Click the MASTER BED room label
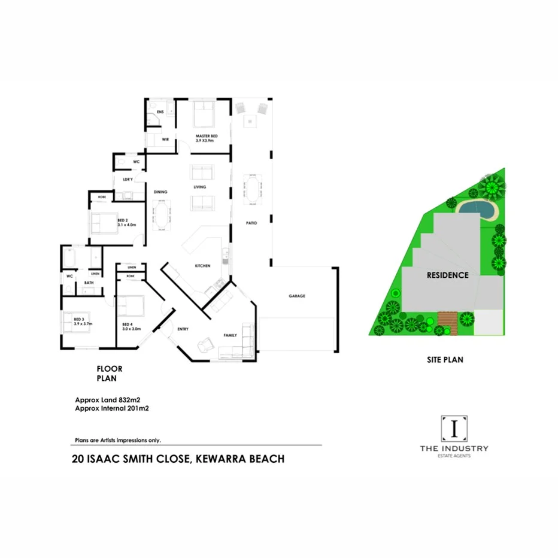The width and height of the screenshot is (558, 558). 206,137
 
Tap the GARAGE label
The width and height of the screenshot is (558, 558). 297,296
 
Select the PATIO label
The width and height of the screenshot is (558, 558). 251,223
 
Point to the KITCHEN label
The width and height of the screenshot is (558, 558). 202,266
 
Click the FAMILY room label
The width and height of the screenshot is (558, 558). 231,335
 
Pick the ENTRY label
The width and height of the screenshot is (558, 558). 183,329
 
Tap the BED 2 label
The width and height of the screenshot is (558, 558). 123,220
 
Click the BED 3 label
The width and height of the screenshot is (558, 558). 78,320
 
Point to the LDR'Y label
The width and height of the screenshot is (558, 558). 127,180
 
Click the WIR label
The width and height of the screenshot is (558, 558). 165,139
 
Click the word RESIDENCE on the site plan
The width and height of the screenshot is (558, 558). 447,275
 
